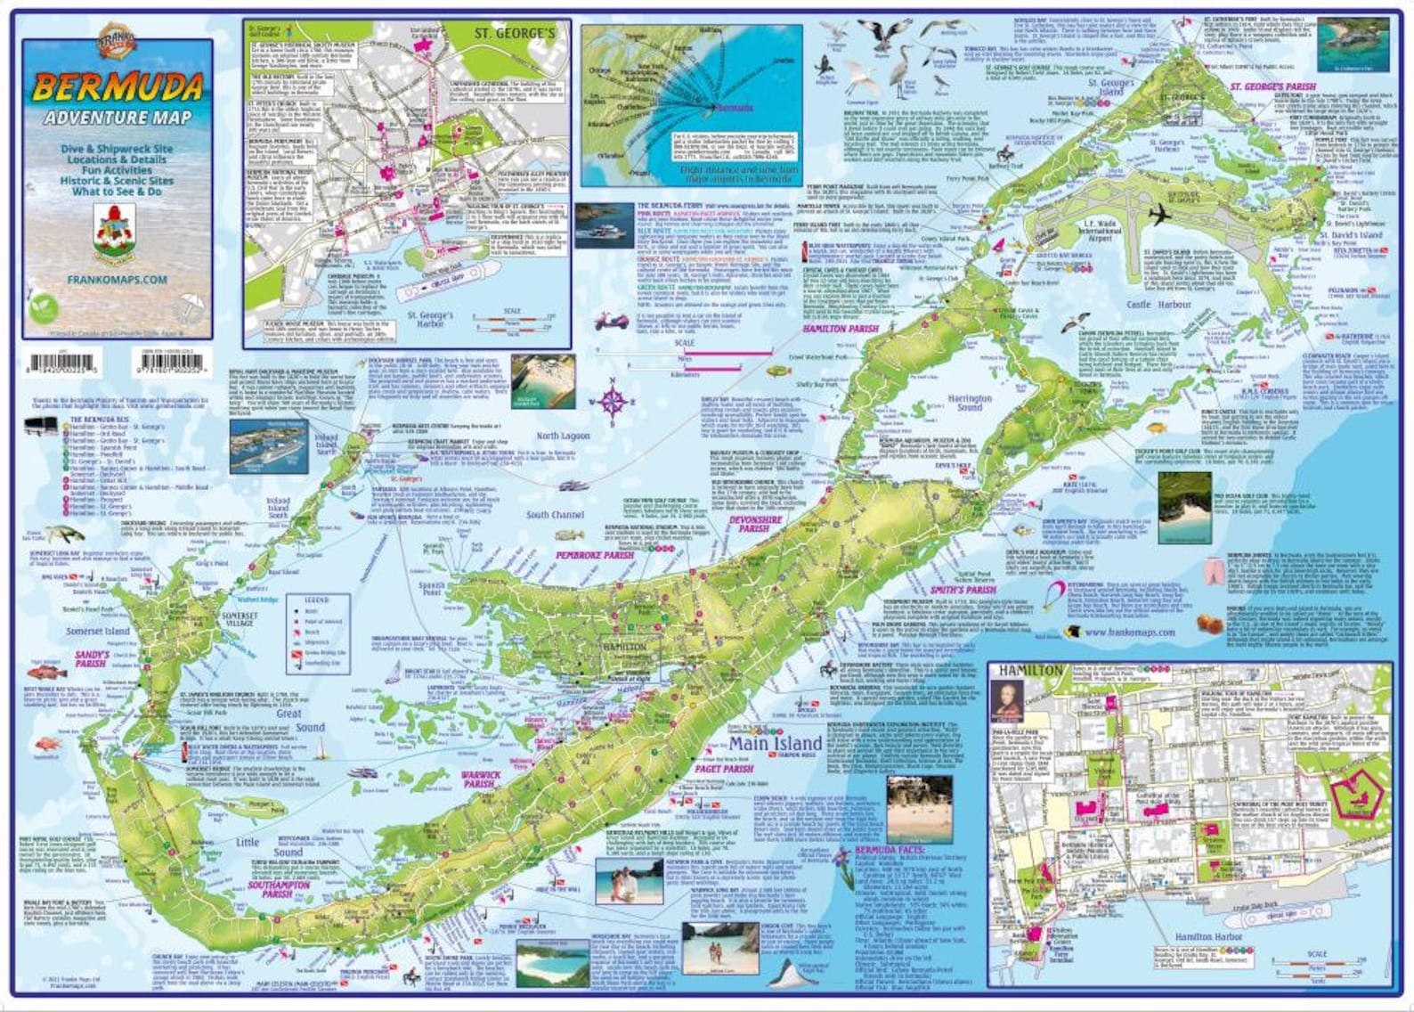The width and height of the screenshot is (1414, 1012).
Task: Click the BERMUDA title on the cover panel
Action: pos(118,87)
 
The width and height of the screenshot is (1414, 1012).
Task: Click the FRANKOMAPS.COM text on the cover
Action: pos(117,279)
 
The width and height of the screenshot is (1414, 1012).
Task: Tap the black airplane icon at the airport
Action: pos(1158,216)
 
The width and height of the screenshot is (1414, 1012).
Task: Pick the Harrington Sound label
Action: pos(969,403)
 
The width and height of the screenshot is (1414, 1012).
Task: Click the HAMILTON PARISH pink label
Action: pos(840,329)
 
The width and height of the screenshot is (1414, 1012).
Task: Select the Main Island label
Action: pos(763,743)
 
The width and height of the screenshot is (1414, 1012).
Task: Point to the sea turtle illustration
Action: pos(63,535)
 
